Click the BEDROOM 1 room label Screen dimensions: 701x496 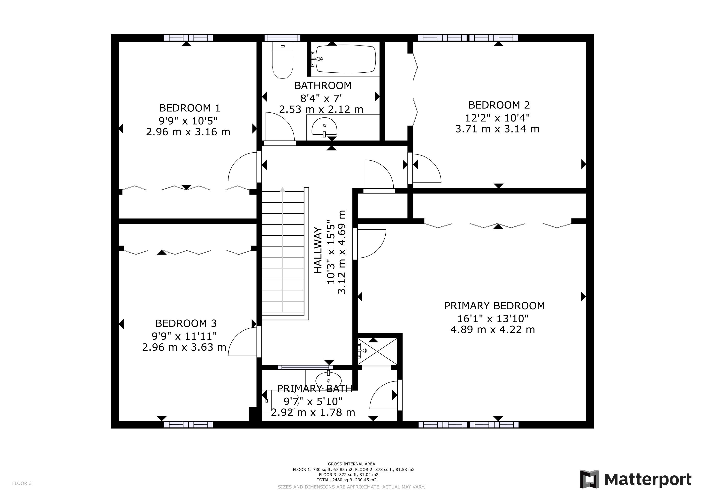click(x=190, y=108)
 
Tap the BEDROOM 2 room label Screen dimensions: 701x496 click(x=499, y=105)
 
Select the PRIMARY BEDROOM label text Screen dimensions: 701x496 click(x=494, y=306)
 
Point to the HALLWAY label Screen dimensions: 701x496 click(x=318, y=250)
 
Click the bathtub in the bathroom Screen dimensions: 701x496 click(x=345, y=59)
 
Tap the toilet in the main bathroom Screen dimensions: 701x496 click(x=282, y=60)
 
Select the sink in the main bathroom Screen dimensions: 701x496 click(x=324, y=127)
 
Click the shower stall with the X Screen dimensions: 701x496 click(x=377, y=351)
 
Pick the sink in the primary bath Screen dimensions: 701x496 click(x=328, y=380)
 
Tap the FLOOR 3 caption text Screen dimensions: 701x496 click(x=22, y=483)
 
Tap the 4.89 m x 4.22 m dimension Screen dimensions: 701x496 click(x=493, y=330)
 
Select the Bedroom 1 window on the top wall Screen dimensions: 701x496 click(x=188, y=38)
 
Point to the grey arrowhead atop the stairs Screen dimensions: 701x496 click(x=283, y=189)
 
